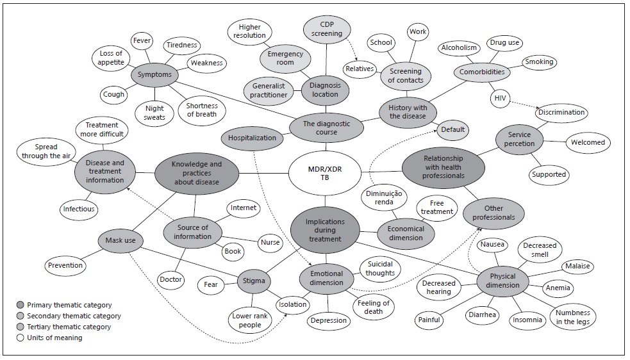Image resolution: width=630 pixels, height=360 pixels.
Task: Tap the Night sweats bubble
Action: tap(155, 113)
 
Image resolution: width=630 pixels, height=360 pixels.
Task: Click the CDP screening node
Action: tap(327, 29)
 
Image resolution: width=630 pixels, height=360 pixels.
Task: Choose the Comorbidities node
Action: tap(482, 72)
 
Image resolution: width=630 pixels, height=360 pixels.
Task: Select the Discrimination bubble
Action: tap(561, 112)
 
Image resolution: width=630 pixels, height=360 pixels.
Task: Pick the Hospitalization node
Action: tap(252, 137)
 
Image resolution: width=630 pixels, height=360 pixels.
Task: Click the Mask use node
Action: tap(121, 241)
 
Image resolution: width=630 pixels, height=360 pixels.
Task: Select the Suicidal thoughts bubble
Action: tap(381, 268)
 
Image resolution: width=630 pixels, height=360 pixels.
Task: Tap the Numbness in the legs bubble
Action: tap(573, 316)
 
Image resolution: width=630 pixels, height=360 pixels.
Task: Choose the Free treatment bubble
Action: tap(436, 207)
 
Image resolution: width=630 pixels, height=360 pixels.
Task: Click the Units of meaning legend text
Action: tap(58, 338)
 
